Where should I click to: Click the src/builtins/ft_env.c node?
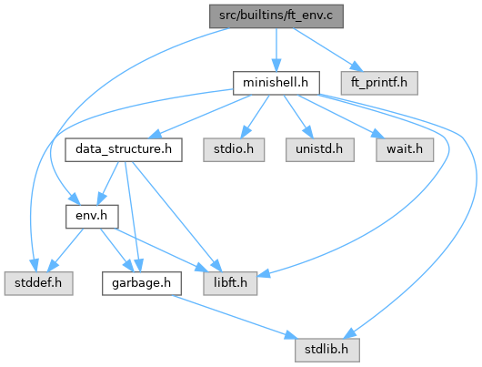pos(276,16)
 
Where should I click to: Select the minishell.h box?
pos(276,83)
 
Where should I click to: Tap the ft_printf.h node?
pos(379,83)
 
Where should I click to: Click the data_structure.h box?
pos(124,149)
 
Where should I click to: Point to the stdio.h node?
pos(234,149)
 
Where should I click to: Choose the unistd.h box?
pos(320,149)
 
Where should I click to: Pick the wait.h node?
pos(405,149)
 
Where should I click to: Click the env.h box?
pos(92,217)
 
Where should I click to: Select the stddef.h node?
pos(38,283)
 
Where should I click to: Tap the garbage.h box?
pos(142,283)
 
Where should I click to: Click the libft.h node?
pos(230,283)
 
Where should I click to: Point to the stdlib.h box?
pos(327,350)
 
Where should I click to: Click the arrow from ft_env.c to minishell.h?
pos(276,49)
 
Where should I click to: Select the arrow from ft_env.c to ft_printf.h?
pos(327,49)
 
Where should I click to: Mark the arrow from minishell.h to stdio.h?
pos(255,117)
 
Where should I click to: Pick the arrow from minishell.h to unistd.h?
pos(298,117)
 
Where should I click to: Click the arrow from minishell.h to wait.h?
pos(341,117)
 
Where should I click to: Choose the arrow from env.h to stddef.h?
pos(65,250)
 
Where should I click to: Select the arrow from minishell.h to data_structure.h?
pos(201,117)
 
